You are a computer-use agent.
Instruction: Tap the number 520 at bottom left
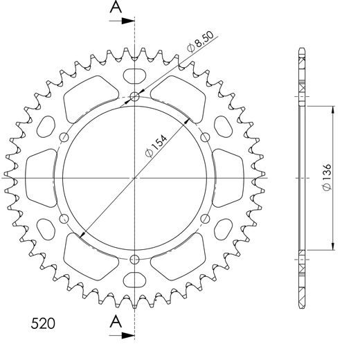(44, 323)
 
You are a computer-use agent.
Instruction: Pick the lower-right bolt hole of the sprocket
(206, 218)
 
